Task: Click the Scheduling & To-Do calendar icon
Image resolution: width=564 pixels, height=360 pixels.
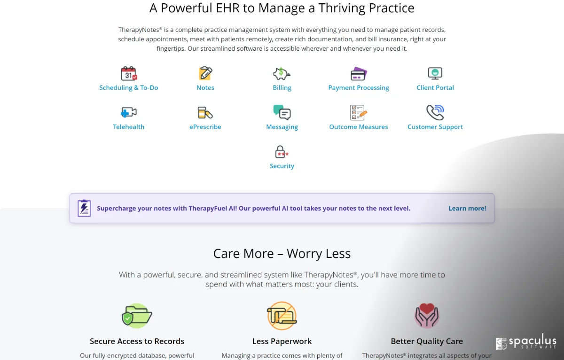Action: point(129,73)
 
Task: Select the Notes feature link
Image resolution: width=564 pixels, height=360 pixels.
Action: point(205,87)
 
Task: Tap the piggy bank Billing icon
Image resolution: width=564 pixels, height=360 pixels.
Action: point(282,73)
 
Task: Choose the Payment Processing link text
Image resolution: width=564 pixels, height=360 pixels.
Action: point(359,87)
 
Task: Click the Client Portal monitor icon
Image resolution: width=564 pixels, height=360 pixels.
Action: point(435,73)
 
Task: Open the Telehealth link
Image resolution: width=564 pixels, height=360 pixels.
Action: point(129,126)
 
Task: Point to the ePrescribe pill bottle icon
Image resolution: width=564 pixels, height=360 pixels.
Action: point(205,112)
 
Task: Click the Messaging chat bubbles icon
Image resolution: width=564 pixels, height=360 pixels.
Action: point(282,112)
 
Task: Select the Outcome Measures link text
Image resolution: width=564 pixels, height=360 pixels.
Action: point(359,126)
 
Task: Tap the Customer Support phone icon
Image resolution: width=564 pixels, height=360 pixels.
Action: point(435,112)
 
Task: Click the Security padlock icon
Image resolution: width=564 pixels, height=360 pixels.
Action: point(282,152)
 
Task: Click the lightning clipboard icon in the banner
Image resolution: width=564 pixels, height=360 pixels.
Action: point(84,208)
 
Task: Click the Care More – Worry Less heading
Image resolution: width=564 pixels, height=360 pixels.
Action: point(282,253)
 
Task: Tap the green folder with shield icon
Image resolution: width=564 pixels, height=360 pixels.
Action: point(137,316)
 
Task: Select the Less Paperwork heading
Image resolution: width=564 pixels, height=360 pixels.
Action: point(282,341)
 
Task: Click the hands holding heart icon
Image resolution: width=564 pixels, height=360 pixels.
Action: point(427,315)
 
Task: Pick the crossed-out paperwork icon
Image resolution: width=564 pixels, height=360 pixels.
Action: point(282,316)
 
